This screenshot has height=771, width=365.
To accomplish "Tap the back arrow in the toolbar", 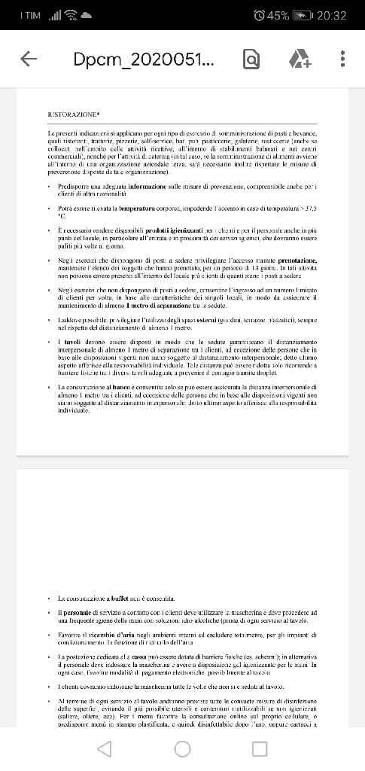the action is (29, 59).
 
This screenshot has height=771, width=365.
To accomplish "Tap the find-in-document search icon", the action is (251, 59).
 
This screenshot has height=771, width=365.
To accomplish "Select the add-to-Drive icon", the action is (299, 59).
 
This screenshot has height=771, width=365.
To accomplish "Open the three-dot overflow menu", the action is (343, 59).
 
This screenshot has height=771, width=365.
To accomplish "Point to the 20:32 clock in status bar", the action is (332, 15).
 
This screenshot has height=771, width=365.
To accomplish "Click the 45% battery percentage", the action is (278, 15).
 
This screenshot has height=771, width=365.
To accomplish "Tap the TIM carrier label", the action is (31, 15).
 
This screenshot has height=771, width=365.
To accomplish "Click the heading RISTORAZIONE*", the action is (74, 114).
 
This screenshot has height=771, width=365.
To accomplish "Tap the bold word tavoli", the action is (71, 343).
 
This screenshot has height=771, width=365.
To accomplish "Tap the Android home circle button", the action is (182, 748).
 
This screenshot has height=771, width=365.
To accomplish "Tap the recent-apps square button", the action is (260, 748).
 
